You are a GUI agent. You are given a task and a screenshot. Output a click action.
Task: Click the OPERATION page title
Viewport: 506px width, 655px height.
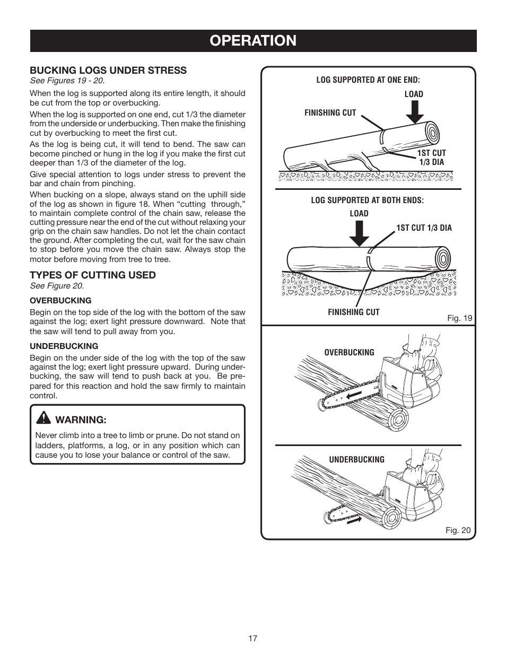(x=253, y=40)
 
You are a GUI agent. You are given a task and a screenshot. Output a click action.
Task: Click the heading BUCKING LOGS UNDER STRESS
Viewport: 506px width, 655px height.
(x=108, y=70)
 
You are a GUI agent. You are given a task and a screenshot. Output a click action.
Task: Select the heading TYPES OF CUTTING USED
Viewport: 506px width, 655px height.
(x=92, y=275)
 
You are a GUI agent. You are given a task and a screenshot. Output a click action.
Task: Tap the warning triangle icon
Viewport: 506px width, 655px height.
(x=43, y=419)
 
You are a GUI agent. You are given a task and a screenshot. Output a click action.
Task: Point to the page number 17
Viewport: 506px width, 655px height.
(x=252, y=638)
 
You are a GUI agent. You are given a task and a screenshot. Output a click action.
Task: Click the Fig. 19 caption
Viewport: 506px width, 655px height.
(x=459, y=318)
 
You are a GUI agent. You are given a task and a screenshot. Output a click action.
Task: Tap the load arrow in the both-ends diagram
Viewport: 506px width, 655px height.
(x=359, y=233)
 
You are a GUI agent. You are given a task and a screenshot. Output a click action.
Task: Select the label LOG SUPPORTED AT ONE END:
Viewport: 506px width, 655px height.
(x=368, y=80)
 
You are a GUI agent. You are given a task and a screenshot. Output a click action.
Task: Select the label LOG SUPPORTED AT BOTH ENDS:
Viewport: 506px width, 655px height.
(x=367, y=200)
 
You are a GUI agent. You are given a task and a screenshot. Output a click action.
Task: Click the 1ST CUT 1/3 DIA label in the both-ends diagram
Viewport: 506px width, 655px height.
(x=424, y=228)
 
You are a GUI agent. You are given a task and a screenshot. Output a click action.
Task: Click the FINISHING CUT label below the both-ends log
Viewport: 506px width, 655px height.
(x=353, y=312)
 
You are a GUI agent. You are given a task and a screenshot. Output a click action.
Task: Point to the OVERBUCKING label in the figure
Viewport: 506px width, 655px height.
(x=349, y=352)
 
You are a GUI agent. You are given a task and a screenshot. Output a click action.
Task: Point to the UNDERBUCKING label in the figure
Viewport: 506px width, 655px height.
(x=356, y=459)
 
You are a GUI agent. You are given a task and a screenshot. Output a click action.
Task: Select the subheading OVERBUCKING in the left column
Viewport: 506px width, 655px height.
(x=60, y=300)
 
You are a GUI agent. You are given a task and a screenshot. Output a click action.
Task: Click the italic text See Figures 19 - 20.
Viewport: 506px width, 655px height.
(x=67, y=81)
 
